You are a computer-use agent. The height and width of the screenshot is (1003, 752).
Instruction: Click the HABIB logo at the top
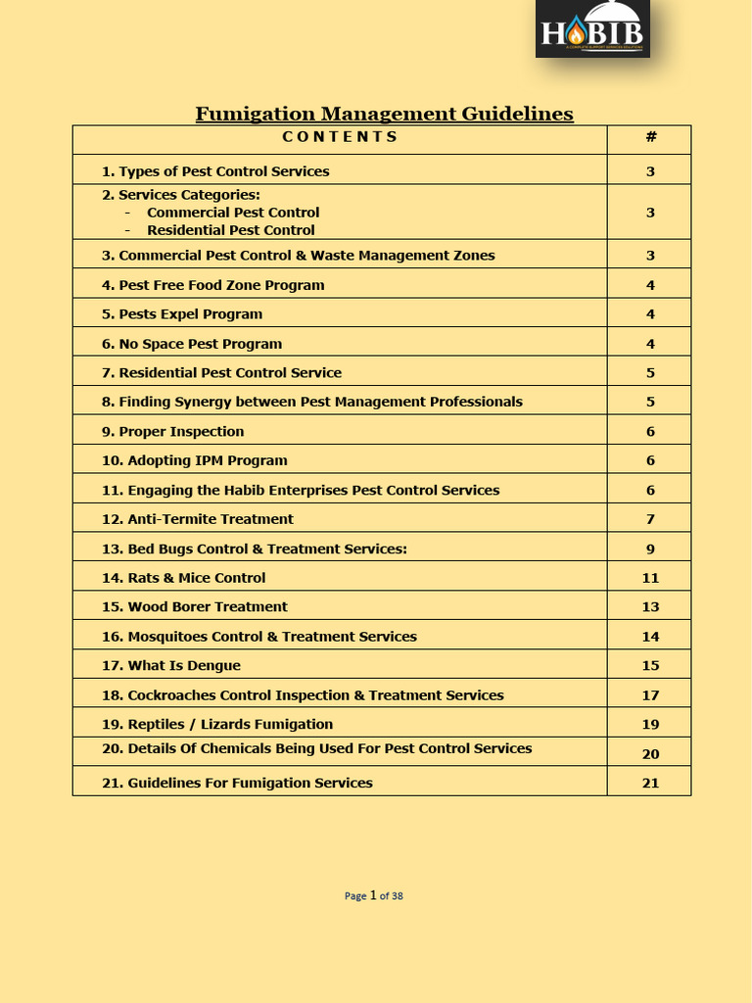tap(592, 29)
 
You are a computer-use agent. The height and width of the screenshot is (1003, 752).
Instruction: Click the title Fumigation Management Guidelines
tap(384, 114)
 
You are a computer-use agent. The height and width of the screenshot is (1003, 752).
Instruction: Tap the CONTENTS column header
tap(340, 137)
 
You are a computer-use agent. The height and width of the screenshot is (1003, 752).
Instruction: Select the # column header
tap(650, 137)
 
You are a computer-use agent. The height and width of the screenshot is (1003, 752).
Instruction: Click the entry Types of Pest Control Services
tap(215, 171)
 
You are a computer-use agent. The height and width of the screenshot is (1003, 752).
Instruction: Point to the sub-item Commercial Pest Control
tap(233, 213)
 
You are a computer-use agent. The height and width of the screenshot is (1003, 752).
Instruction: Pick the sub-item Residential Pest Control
tap(231, 231)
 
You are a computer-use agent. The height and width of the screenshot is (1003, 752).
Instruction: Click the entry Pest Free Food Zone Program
tap(213, 285)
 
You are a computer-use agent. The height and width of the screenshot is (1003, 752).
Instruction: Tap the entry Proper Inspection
tap(173, 431)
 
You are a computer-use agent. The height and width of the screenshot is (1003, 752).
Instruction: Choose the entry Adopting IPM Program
tap(195, 460)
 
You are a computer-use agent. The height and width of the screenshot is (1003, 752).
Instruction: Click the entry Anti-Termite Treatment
tap(198, 519)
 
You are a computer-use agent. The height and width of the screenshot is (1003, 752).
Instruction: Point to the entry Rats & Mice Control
tap(184, 578)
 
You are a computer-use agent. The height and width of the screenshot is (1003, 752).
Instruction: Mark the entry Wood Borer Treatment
tap(195, 606)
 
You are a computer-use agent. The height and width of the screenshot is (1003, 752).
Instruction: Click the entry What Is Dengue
tap(171, 666)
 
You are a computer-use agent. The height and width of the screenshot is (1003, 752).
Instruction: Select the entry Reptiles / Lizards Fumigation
tap(217, 725)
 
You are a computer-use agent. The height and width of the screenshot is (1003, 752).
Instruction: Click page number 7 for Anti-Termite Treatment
tap(650, 519)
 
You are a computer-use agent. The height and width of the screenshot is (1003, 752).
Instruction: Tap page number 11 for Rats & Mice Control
tap(650, 578)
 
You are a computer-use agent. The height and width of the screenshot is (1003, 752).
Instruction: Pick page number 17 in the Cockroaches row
tap(650, 695)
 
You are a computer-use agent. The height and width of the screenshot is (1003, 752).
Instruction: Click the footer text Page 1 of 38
tap(374, 895)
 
